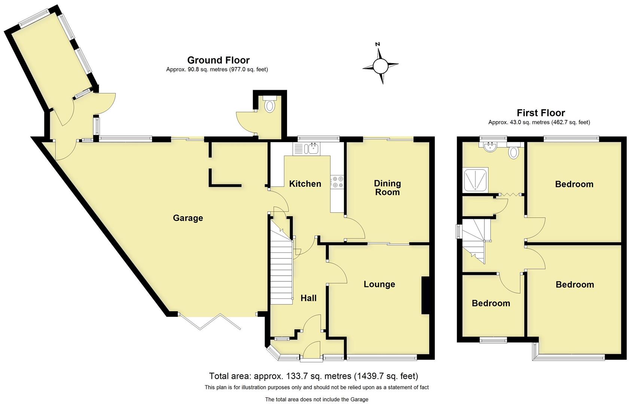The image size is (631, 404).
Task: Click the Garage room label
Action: point(188,218)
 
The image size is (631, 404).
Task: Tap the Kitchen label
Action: point(305,184)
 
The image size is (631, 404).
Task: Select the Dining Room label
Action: point(387,188)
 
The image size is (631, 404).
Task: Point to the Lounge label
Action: point(379,284)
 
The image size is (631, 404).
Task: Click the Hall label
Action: point(308,298)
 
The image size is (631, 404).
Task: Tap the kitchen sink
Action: point(312,149)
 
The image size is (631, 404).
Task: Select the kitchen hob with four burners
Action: point(338,182)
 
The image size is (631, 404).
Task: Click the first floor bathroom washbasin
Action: point(490,147)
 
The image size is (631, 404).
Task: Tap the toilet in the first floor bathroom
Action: point(514,152)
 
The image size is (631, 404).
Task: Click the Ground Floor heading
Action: point(218,60)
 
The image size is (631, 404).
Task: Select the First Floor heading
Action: point(540,113)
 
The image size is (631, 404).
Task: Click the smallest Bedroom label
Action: point(491,303)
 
